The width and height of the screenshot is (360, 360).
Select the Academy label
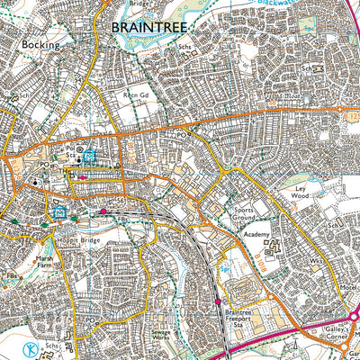(255, 235)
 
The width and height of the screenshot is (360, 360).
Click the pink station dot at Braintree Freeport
(217, 301)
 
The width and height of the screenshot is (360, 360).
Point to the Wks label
(316, 261)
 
